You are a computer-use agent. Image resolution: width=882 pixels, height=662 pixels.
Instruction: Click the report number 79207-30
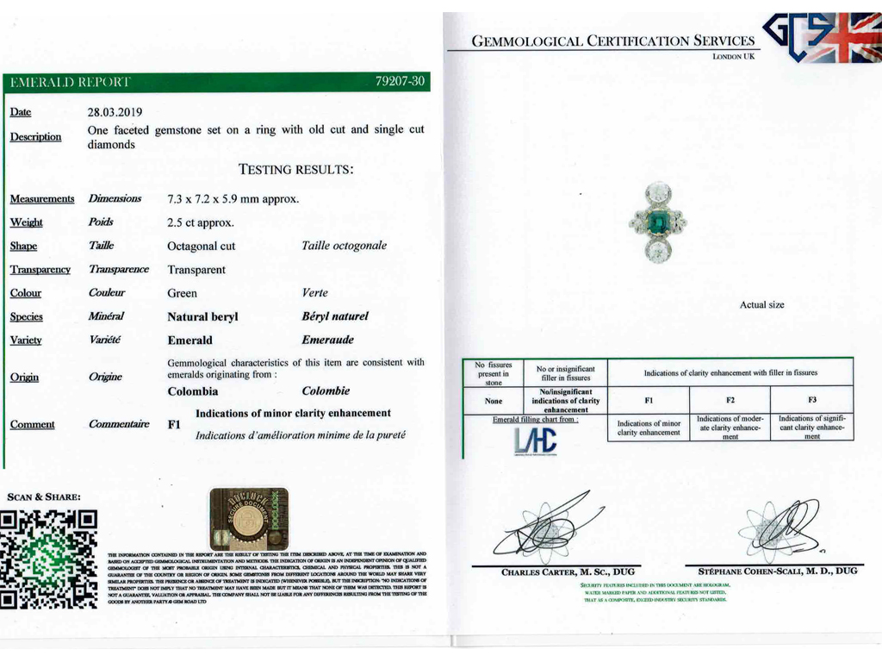401,82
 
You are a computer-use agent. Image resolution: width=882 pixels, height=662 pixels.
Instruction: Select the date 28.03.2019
115,112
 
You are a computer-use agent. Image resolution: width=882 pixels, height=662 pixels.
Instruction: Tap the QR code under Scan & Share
48,558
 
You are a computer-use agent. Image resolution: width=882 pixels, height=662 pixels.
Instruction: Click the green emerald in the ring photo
658,221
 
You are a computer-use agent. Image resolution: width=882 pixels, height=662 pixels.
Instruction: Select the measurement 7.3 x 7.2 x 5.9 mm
233,199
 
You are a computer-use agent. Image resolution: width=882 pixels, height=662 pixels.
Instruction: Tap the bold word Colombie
326,391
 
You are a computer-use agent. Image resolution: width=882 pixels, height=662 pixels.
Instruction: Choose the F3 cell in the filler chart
811,400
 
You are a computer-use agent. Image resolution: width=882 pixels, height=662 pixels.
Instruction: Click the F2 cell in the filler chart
730,400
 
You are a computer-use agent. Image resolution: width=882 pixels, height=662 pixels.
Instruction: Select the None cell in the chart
494,401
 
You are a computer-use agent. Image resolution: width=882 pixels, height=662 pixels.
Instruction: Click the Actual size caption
761,305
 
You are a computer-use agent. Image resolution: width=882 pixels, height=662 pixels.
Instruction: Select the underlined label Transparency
40,270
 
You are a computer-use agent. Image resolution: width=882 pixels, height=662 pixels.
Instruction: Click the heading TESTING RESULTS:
295,170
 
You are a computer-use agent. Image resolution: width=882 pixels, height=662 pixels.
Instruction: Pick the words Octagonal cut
201,247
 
